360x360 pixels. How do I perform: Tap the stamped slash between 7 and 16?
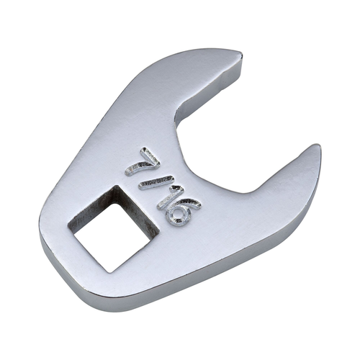pyautogui.click(x=156, y=182)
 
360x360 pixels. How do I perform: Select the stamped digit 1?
pyautogui.click(x=170, y=197)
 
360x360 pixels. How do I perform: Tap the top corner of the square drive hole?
pyautogui.click(x=116, y=186)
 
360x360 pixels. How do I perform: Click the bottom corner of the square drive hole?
pyautogui.click(x=111, y=273)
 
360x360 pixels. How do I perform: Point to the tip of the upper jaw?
pyautogui.click(x=241, y=54)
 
